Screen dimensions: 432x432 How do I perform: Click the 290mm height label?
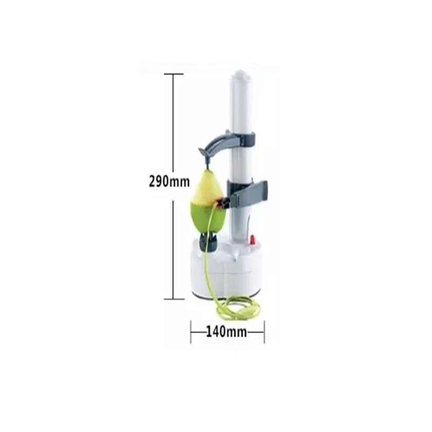(169, 181)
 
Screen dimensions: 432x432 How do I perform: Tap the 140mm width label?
(226, 332)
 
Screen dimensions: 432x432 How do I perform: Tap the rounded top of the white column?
(240, 75)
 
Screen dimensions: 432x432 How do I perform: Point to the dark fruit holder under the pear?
(208, 240)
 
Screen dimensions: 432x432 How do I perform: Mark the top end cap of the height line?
(173, 74)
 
